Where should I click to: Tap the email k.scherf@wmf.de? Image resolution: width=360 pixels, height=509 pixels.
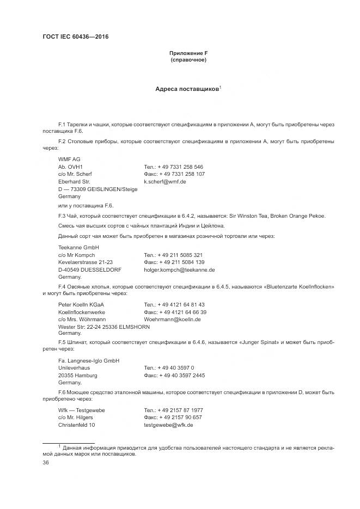pos(165,181)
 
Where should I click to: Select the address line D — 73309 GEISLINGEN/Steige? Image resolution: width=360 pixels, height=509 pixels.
pos(97,189)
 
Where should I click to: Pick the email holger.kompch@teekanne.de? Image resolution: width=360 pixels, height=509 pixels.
pos(179,269)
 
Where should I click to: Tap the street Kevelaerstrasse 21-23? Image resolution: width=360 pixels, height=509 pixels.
pos(85,262)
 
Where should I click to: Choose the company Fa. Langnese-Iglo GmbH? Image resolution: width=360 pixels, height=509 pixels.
pos(89,360)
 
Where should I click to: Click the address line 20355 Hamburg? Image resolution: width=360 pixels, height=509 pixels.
pos(77,375)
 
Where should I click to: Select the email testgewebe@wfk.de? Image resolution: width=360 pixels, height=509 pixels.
pos(168,425)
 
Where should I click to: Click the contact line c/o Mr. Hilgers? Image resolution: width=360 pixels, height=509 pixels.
pos(76,417)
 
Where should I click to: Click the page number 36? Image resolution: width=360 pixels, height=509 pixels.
pos(45,462)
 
